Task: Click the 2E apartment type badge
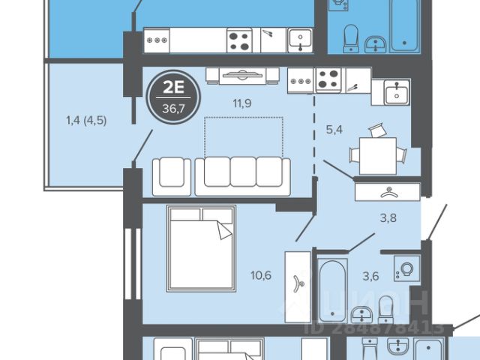click(x=173, y=97)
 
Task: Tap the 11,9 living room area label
click(x=242, y=103)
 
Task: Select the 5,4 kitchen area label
click(x=334, y=130)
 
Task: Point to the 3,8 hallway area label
click(x=388, y=218)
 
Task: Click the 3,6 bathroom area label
click(x=370, y=277)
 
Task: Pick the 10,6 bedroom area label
click(x=261, y=275)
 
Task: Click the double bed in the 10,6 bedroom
click(x=201, y=248)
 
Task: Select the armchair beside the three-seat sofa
click(x=172, y=177)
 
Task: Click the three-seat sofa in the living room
click(x=243, y=177)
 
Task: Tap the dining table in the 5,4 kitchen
click(x=378, y=156)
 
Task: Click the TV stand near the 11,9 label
click(x=242, y=76)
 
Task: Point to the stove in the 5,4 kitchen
click(x=328, y=80)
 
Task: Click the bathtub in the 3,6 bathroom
click(x=332, y=290)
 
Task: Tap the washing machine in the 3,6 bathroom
click(x=406, y=268)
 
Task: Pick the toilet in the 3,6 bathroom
click(x=385, y=310)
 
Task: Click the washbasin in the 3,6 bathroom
click(x=361, y=314)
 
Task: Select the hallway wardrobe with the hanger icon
click(x=388, y=192)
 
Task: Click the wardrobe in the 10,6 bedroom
click(x=298, y=286)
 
